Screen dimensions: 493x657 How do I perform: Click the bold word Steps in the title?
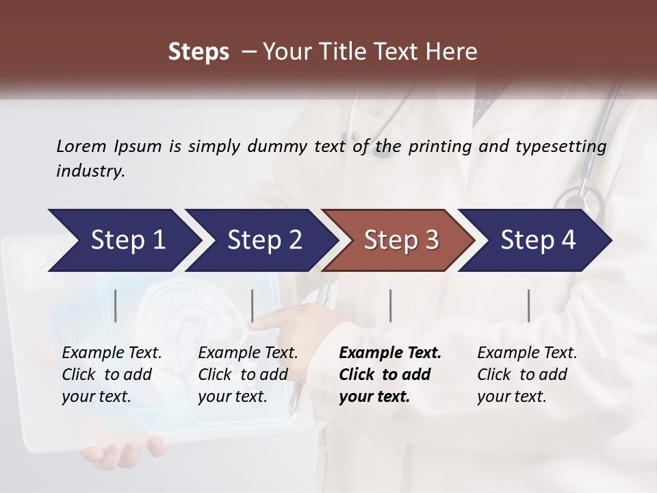pyautogui.click(x=198, y=52)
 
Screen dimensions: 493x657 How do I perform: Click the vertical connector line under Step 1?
pyautogui.click(x=116, y=305)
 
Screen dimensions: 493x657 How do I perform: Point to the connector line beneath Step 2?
pyautogui.click(x=253, y=305)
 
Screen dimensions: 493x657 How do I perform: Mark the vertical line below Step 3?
pyautogui.click(x=390, y=305)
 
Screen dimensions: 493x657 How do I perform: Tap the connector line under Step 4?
pyautogui.click(x=528, y=305)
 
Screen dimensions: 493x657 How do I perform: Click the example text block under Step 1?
pyautogui.click(x=112, y=375)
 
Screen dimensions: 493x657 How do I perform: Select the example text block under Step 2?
pyautogui.click(x=248, y=375)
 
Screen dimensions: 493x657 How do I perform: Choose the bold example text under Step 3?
pyautogui.click(x=390, y=375)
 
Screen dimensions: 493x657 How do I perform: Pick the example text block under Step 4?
pyautogui.click(x=527, y=375)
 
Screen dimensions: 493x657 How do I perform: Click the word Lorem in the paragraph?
pyautogui.click(x=81, y=146)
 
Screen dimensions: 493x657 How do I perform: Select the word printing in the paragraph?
pyautogui.click(x=441, y=147)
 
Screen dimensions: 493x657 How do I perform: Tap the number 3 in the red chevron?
pyautogui.click(x=431, y=240)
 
